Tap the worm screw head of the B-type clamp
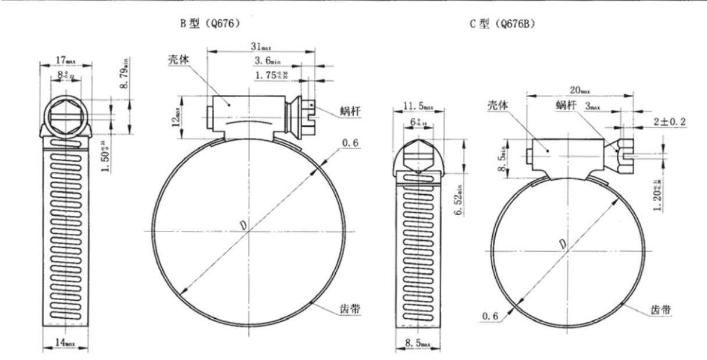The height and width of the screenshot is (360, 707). tap(306, 112)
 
